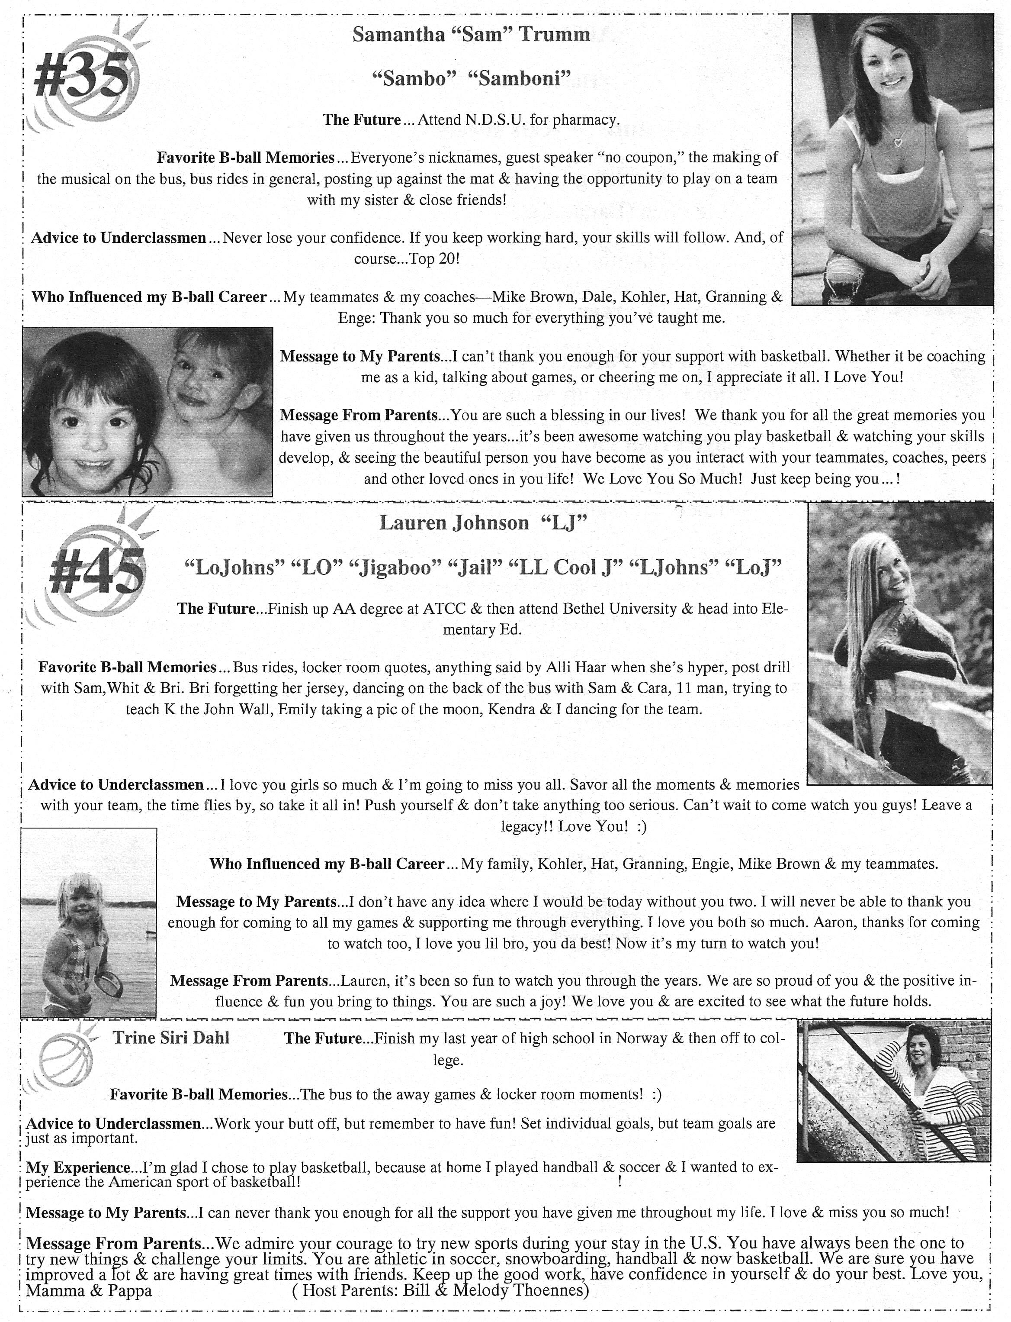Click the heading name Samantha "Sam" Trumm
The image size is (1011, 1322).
471,34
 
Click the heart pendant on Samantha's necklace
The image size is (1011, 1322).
898,143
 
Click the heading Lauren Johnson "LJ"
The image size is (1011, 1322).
483,522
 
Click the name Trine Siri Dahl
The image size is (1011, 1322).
171,1037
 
